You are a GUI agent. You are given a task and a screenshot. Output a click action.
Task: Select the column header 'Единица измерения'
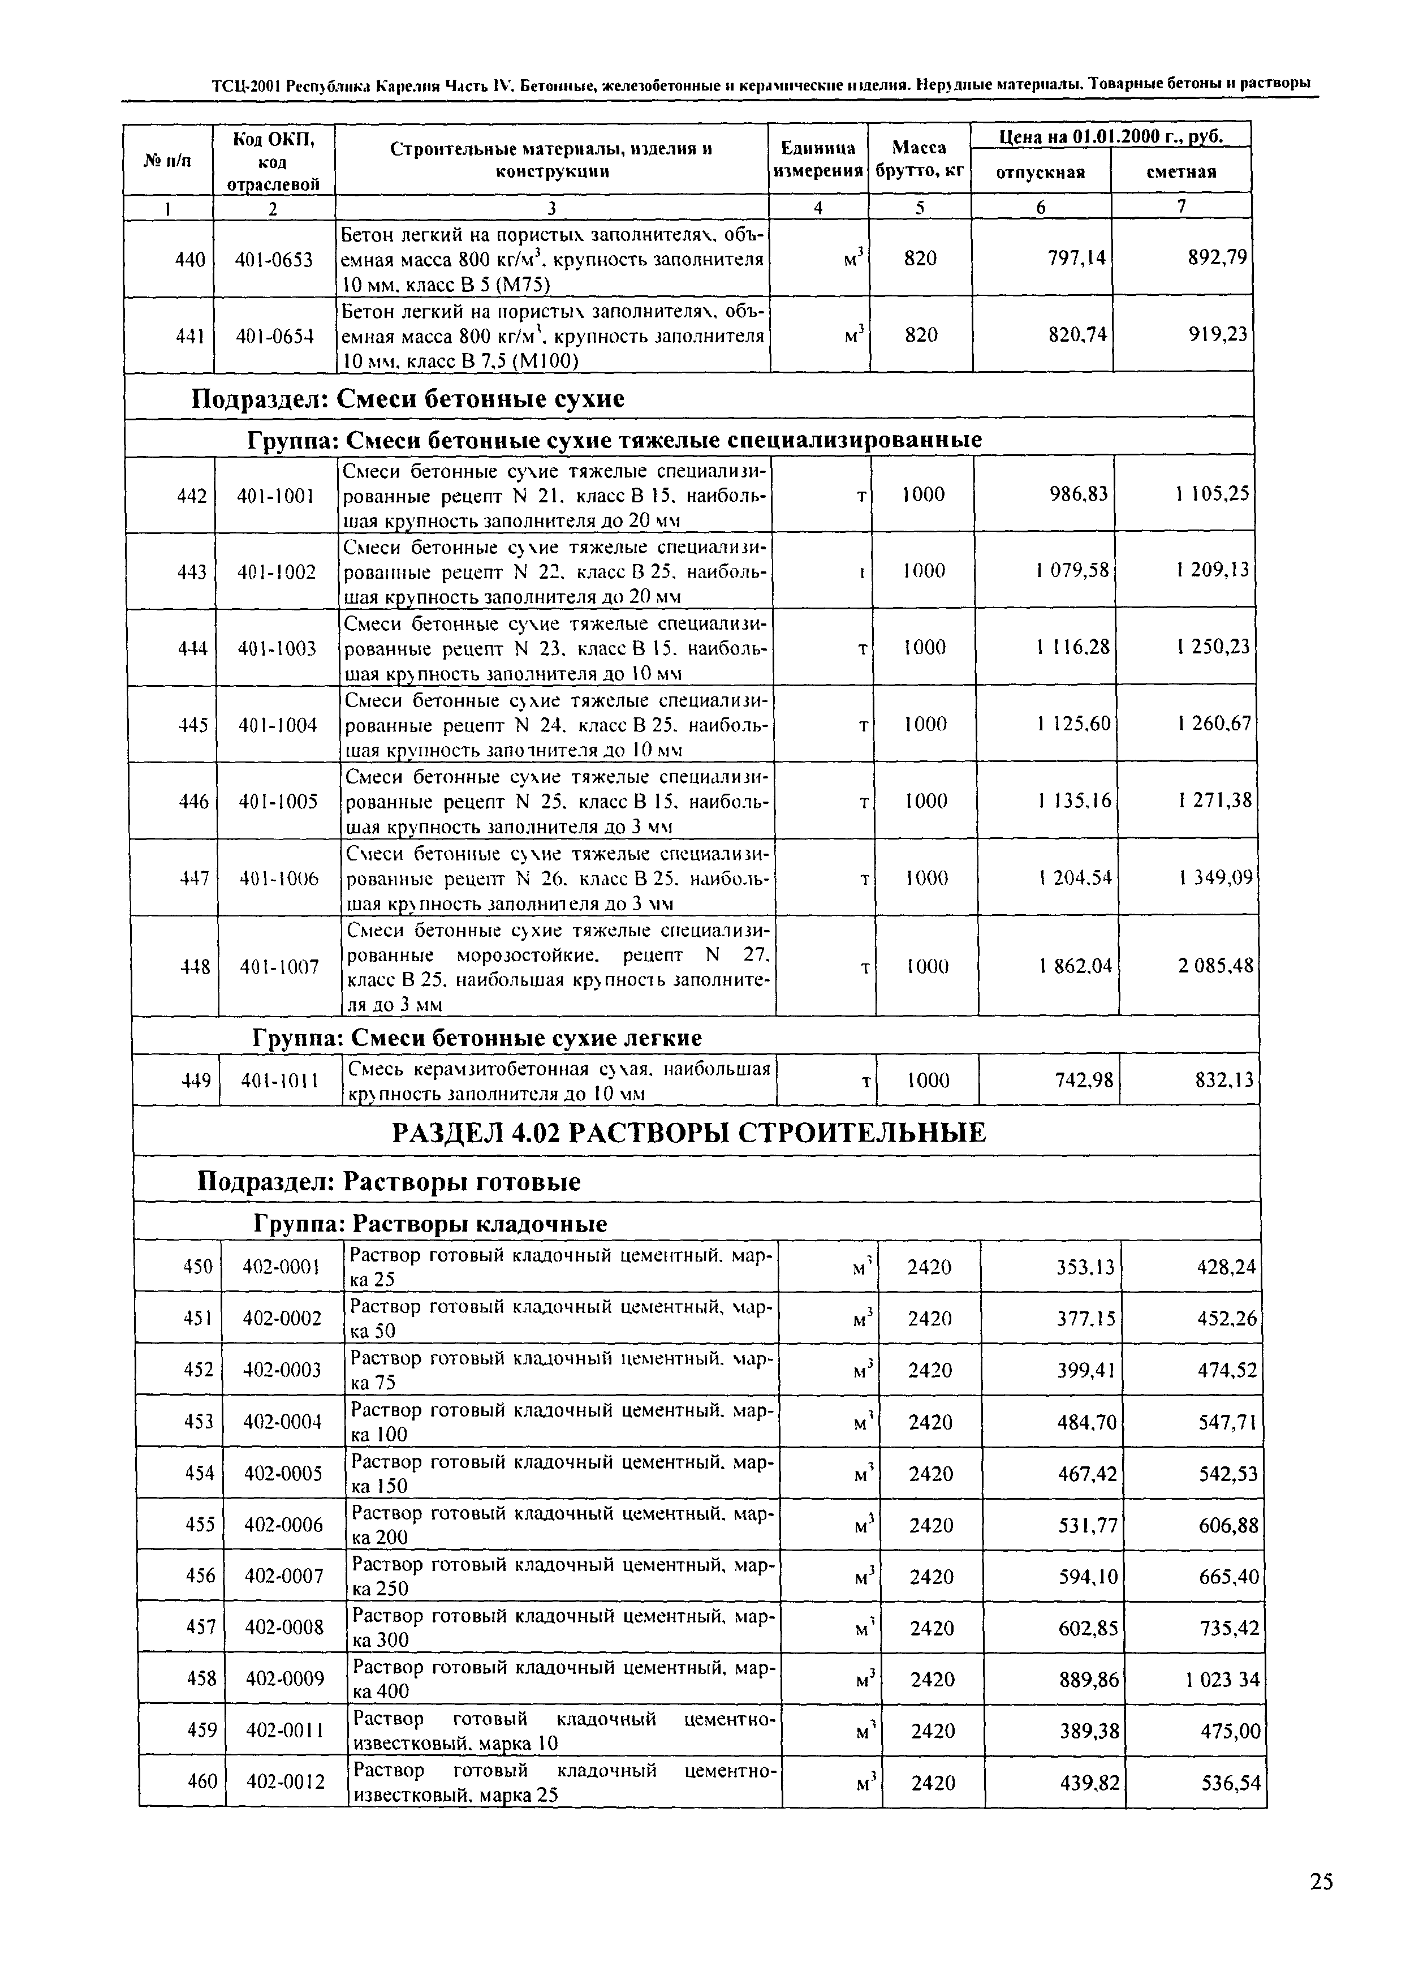coord(818,159)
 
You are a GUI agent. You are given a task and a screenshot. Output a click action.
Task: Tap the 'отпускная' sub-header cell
coord(1041,172)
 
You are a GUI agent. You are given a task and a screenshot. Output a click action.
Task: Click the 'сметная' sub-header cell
coord(1181,172)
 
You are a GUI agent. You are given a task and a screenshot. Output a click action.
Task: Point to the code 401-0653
coord(274,259)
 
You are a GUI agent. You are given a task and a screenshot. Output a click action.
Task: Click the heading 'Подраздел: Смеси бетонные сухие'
coord(408,399)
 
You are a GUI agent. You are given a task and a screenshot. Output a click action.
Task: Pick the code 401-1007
coord(279,966)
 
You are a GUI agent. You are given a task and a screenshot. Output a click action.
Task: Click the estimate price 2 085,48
coord(1215,966)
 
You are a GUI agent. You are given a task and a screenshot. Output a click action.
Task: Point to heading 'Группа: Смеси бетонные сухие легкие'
coord(477,1038)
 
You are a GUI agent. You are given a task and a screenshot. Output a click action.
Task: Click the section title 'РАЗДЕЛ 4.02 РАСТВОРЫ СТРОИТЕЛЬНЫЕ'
coord(689,1133)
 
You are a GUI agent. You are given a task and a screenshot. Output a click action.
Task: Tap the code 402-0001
coord(282,1266)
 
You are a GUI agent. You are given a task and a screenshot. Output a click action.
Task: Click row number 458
coord(201,1678)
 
